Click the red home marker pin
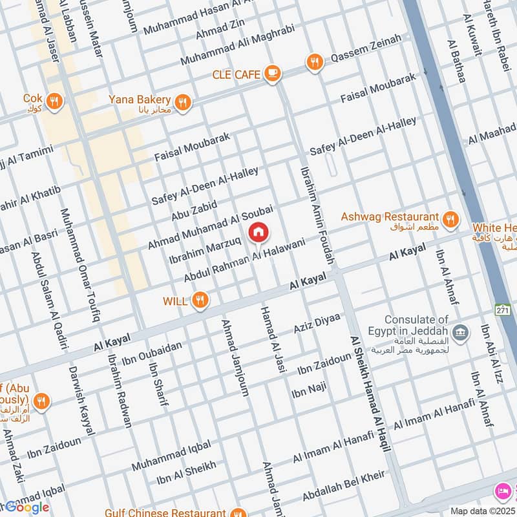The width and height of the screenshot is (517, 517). coord(258,232)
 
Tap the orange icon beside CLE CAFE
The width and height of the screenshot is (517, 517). coord(273,73)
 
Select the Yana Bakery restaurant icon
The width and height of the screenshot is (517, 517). coord(184,102)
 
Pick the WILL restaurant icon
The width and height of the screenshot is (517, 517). coord(200,300)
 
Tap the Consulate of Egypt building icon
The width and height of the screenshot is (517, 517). coord(460,333)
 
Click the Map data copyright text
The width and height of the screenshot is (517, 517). coord(483,511)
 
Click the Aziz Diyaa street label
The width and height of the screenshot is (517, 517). coord(317,322)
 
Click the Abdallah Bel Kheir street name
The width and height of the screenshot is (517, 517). coord(343,486)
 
